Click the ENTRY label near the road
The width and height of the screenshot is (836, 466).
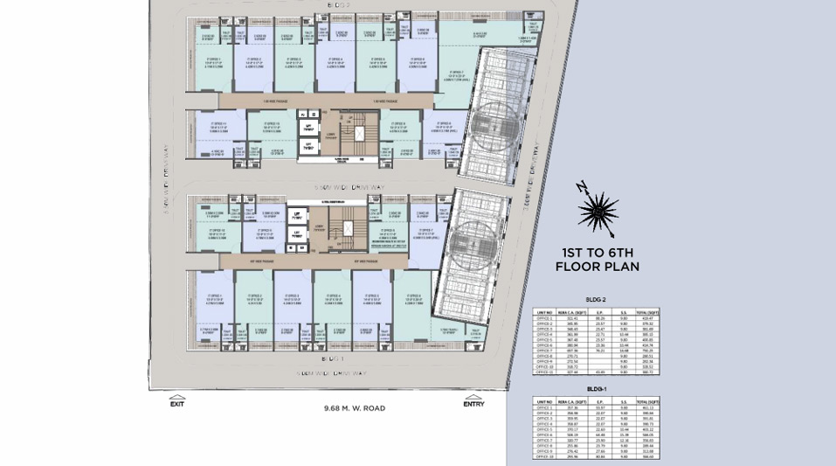(x=473, y=403)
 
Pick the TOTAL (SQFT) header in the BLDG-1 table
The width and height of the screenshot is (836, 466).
(x=647, y=401)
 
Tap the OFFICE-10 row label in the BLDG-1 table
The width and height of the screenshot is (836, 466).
(x=546, y=456)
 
